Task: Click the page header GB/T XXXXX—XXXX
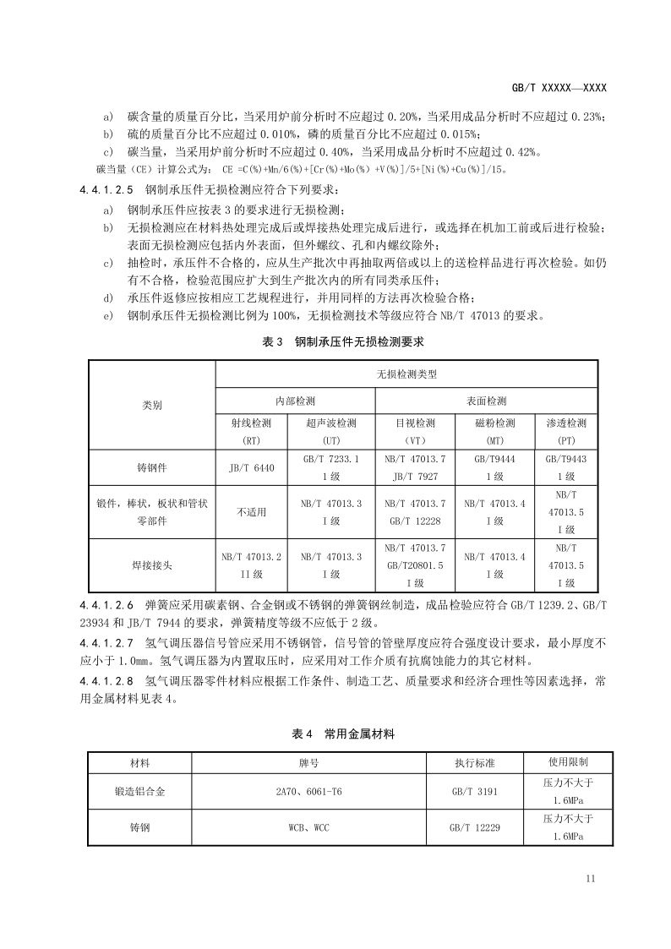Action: click(x=560, y=87)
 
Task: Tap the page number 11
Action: click(x=590, y=879)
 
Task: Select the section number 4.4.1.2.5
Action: click(x=106, y=188)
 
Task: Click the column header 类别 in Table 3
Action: click(x=152, y=406)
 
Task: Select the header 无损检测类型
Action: click(x=406, y=374)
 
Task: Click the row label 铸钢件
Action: click(x=152, y=467)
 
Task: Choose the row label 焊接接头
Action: click(x=152, y=564)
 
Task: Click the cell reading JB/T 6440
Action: click(x=252, y=467)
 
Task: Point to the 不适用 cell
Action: click(x=252, y=512)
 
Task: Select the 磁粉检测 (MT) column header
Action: click(x=495, y=431)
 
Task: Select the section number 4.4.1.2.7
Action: click(x=106, y=643)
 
